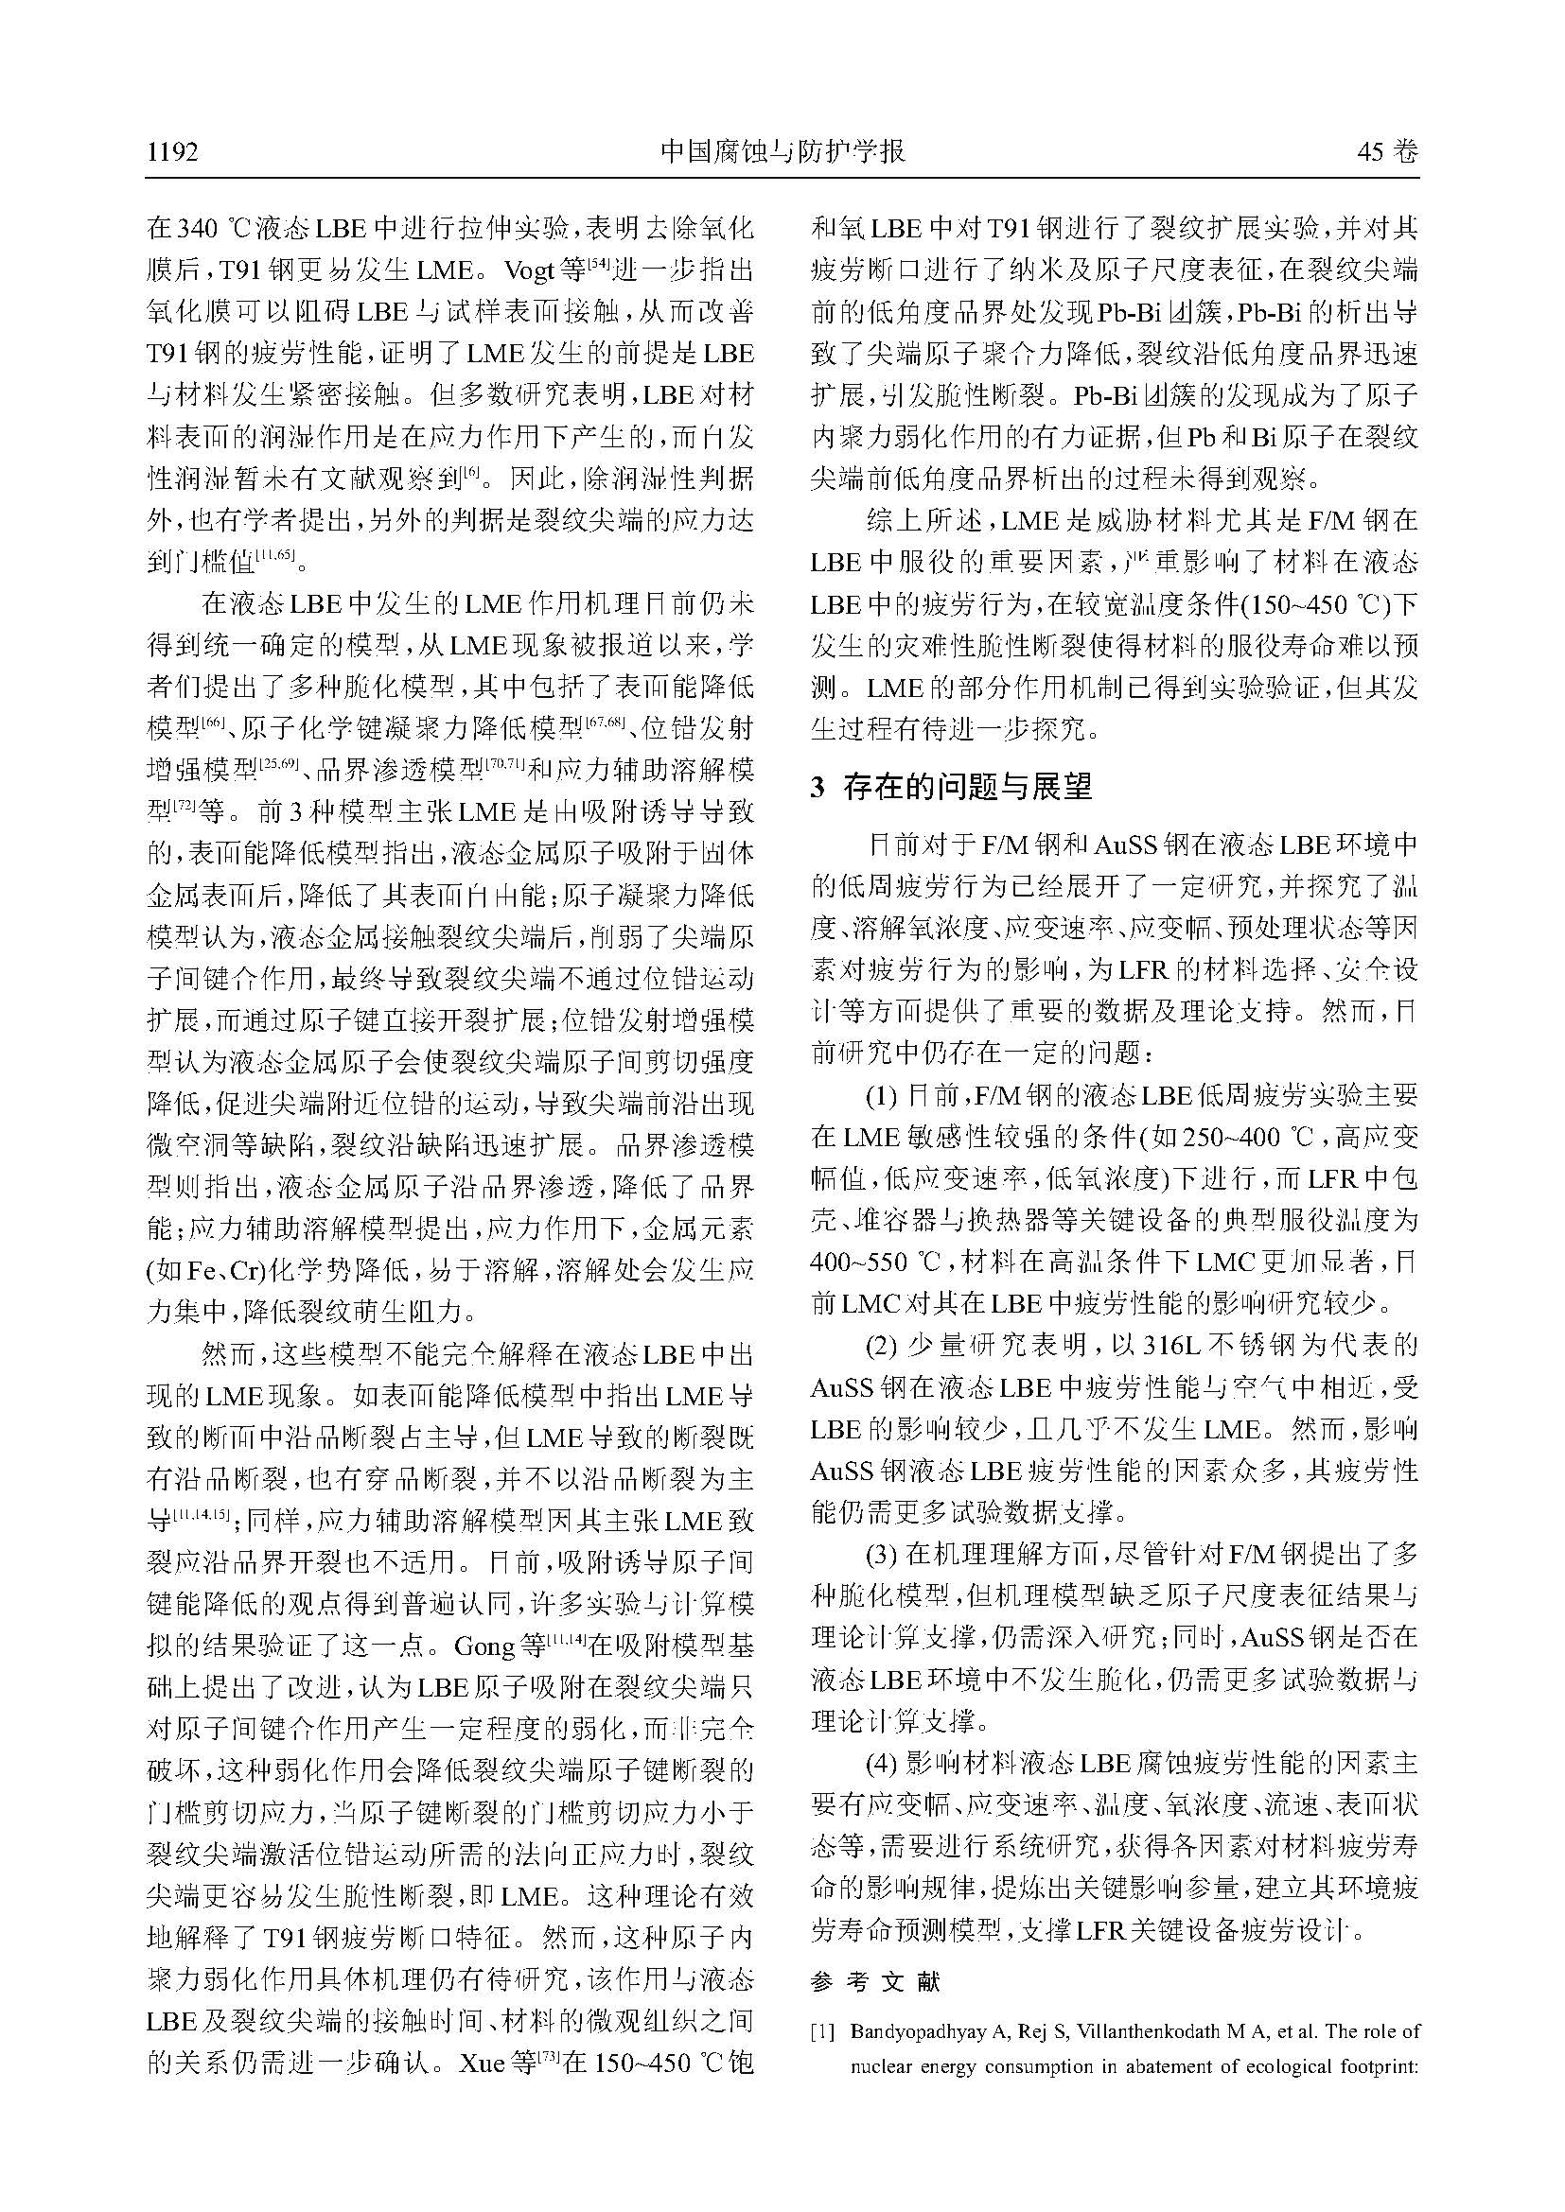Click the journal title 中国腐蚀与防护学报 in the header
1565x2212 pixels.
point(782,152)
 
